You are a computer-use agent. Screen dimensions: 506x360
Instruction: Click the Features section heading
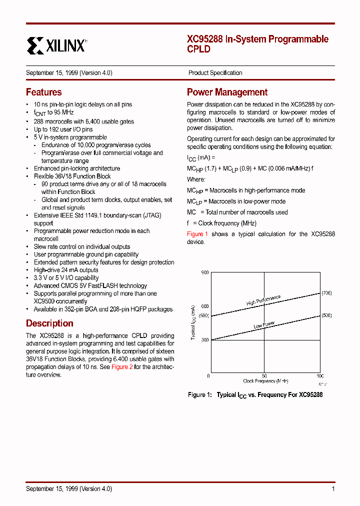click(44, 92)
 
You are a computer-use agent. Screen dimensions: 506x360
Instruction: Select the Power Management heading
click(227, 92)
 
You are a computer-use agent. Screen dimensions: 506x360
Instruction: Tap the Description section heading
click(49, 323)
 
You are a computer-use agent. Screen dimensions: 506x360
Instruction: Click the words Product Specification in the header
click(215, 73)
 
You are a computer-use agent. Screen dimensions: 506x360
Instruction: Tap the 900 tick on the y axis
click(204, 272)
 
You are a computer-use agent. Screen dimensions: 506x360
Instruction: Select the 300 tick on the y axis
click(204, 340)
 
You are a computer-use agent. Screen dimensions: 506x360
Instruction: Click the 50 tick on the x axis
click(264, 376)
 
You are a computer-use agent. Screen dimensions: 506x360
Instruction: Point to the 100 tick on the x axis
click(320, 376)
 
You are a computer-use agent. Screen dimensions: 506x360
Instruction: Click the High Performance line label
click(263, 300)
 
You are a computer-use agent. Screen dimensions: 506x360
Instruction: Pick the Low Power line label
click(264, 325)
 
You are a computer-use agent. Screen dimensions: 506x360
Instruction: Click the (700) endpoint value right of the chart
click(326, 292)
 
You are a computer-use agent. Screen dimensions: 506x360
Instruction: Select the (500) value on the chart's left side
click(203, 316)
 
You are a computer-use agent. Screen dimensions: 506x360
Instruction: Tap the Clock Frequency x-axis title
click(265, 381)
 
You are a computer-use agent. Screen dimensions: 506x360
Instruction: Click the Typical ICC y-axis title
click(192, 322)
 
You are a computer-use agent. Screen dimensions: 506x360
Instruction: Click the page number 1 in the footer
click(333, 489)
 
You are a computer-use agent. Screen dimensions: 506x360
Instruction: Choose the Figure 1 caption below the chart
click(255, 395)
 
